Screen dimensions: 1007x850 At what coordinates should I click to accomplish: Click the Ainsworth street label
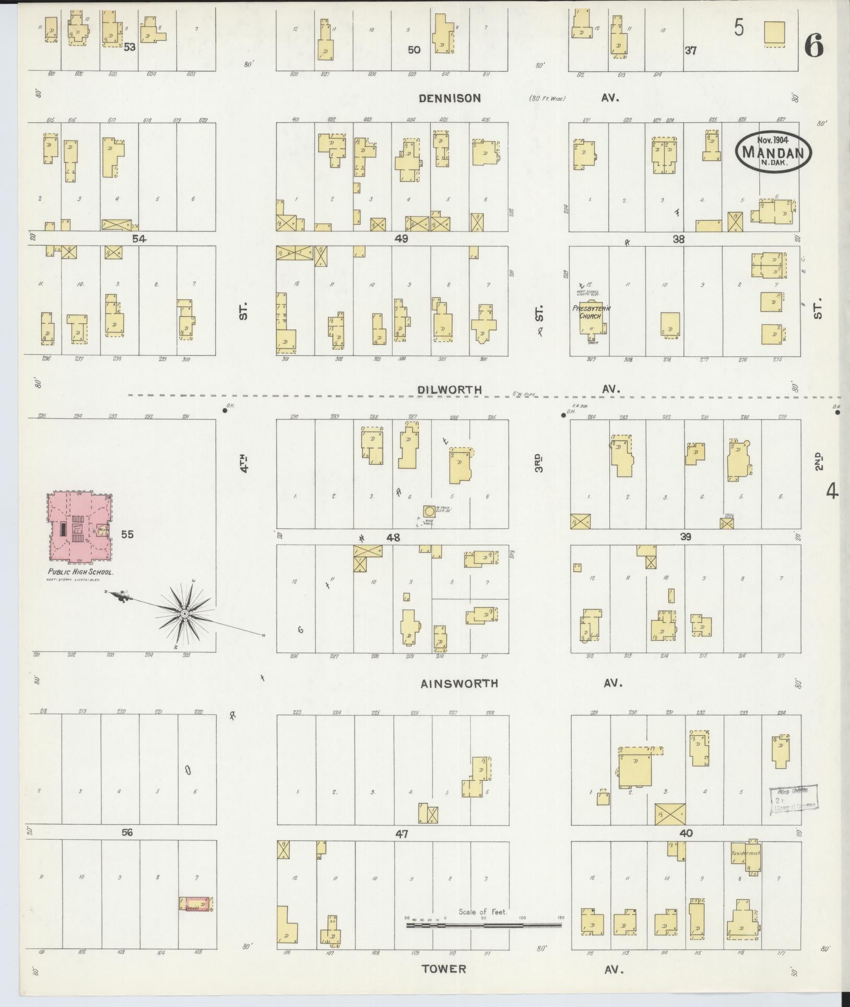459,683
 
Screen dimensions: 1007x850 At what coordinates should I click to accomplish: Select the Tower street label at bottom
444,968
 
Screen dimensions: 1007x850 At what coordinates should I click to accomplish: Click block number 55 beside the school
128,534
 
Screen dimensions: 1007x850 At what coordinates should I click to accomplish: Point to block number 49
402,239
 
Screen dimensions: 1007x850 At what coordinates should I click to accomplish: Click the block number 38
678,239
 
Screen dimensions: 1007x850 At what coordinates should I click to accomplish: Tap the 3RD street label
538,463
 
